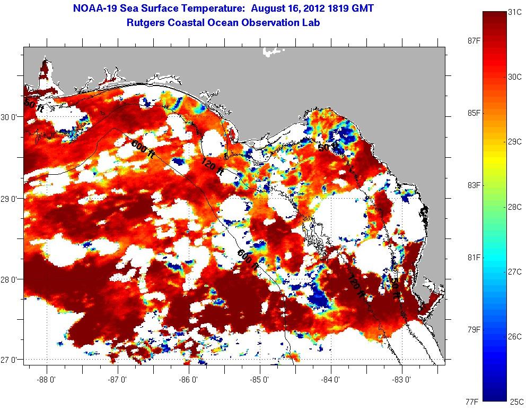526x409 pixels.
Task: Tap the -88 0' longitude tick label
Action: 47,380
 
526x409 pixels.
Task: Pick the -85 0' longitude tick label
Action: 260,380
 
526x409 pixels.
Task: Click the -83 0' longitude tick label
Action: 402,380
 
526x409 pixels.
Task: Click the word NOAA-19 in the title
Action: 96,8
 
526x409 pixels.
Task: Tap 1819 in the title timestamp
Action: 337,8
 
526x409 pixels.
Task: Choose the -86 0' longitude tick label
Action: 189,380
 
